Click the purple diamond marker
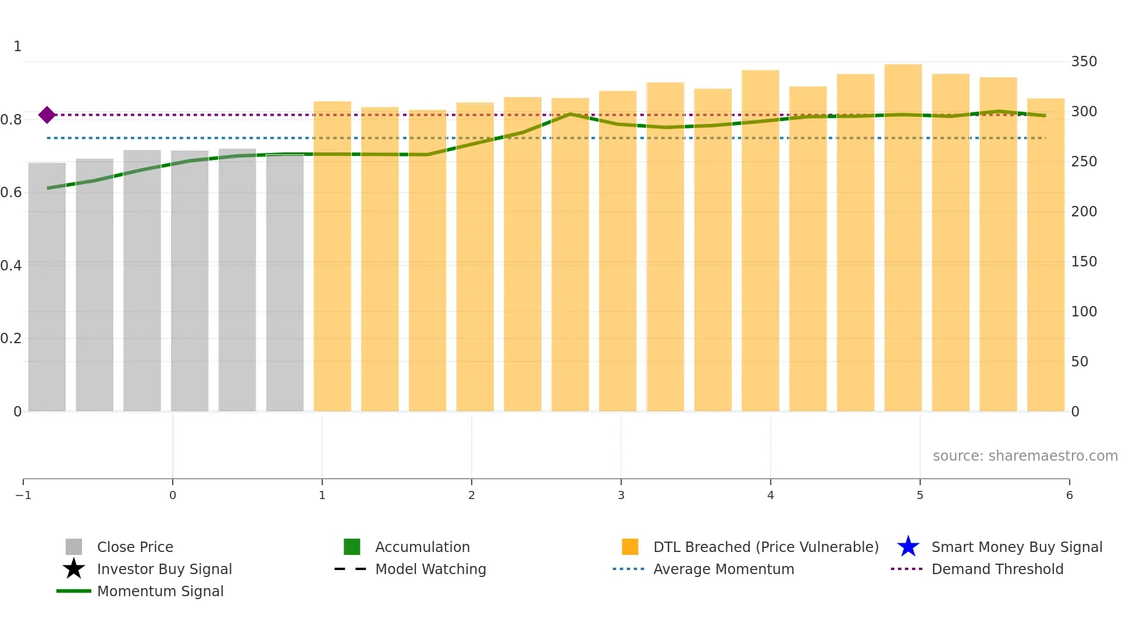pos(47,115)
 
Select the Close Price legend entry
pos(135,547)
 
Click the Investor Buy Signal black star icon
pos(74,569)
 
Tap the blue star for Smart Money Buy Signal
pos(908,547)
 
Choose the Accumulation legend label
pos(422,547)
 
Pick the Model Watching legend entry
pos(430,569)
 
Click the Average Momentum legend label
pos(724,569)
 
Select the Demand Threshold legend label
pos(997,569)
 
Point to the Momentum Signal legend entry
pos(160,591)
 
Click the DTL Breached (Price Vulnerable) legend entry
pos(765,547)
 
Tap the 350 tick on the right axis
pos(1084,62)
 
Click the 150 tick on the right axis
pos(1084,262)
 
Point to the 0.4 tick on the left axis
pos(11,266)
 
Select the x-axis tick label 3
pos(621,495)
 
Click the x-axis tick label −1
pos(23,495)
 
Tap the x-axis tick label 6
pos(1069,495)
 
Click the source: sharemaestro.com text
pos(1025,455)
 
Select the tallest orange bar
pos(903,233)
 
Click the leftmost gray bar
pos(47,285)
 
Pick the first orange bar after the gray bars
pos(332,256)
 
